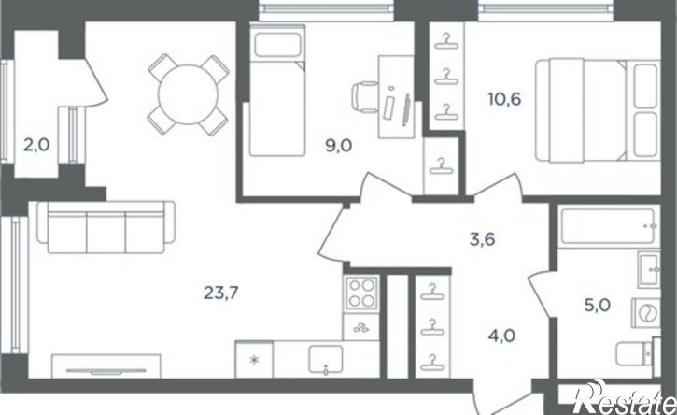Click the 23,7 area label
[221, 293]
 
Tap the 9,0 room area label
[338, 146]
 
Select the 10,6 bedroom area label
[504, 99]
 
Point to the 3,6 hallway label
[482, 239]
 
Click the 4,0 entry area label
[501, 336]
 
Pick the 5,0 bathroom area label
[598, 306]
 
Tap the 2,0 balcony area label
[36, 145]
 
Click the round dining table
[188, 94]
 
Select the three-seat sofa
[106, 227]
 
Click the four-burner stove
[361, 293]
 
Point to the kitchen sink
[326, 359]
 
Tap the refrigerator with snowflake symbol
[254, 359]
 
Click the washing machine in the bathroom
[646, 312]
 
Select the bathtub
[609, 226]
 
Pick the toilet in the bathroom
[638, 353]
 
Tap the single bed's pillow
[277, 45]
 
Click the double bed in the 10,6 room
[598, 110]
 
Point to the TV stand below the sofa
[106, 366]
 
